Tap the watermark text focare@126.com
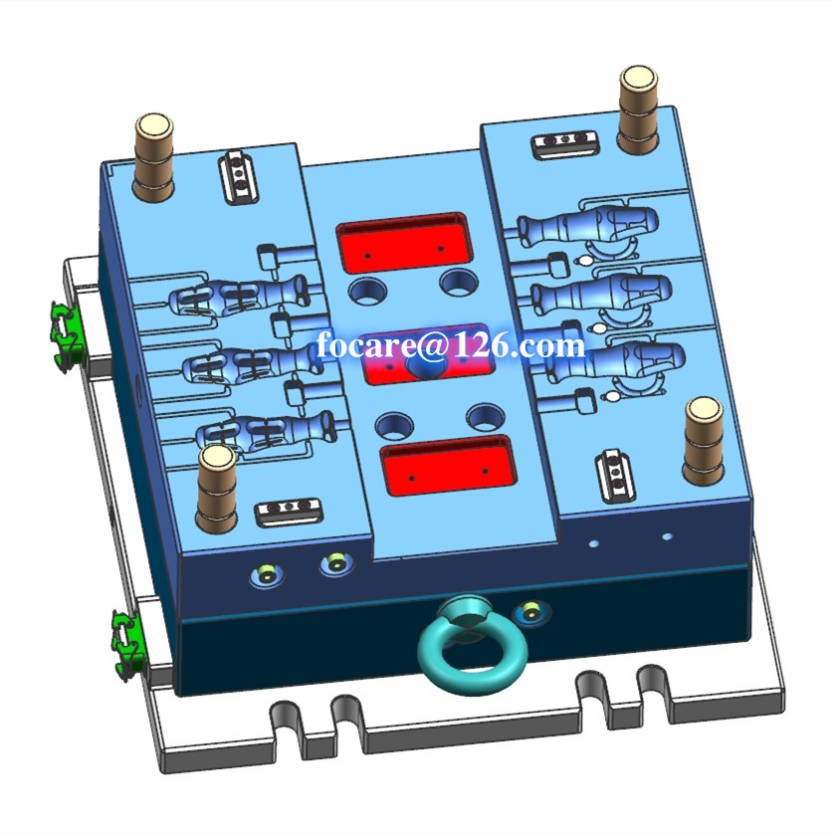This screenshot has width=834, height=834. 451,345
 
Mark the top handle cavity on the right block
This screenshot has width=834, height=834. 587,226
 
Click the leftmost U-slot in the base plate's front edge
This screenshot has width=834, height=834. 286,715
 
